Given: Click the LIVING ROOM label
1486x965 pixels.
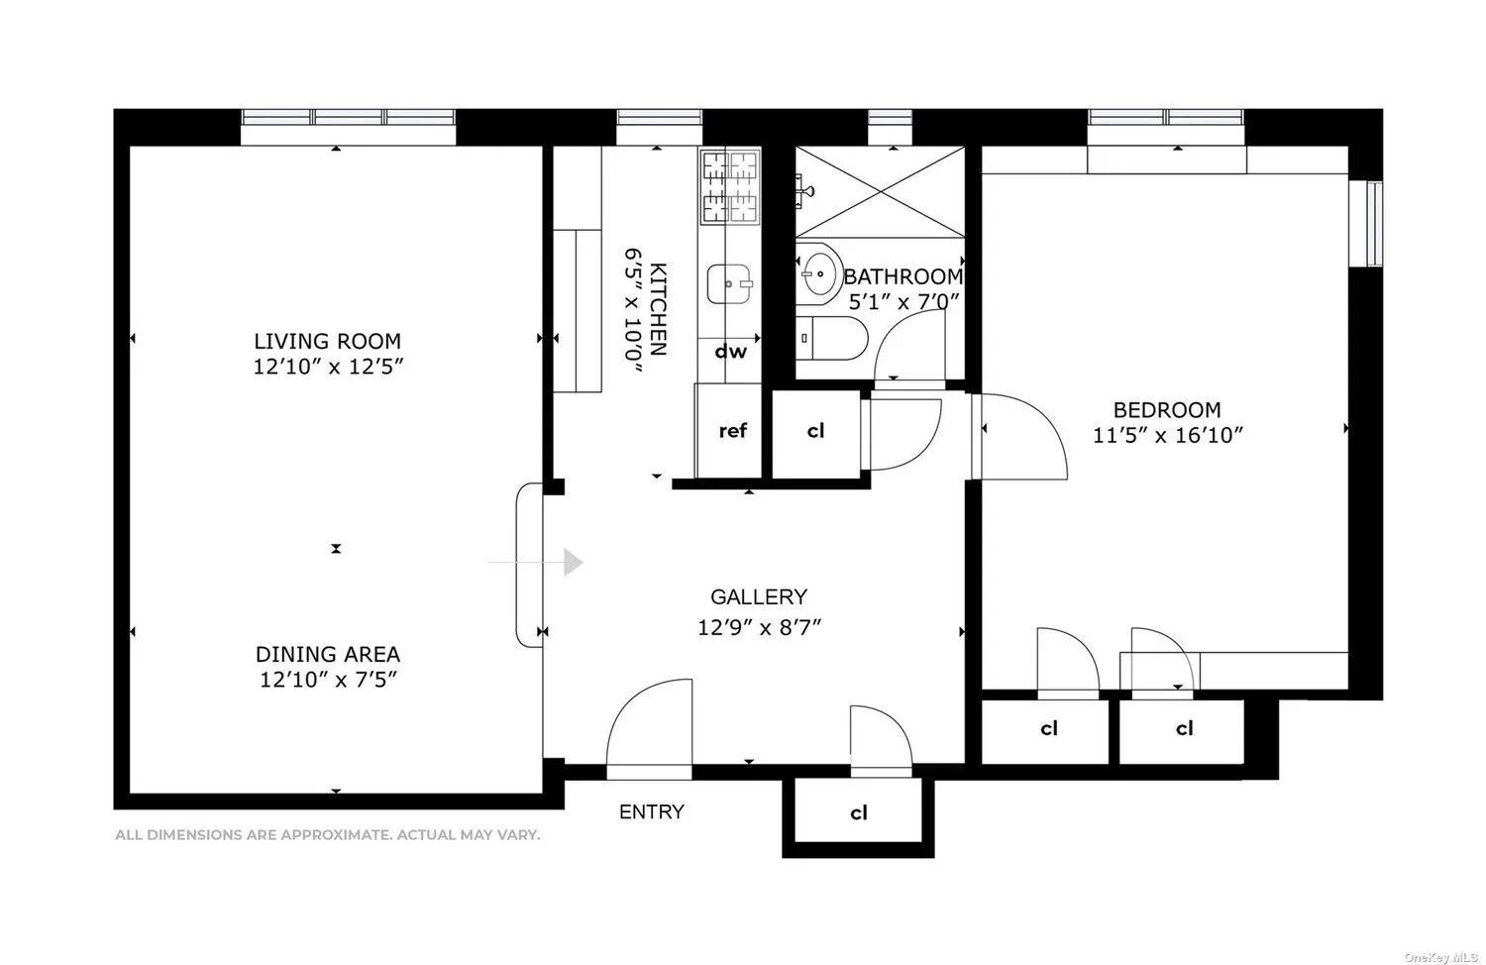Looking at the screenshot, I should point(327,342).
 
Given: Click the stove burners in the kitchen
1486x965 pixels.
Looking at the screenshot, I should point(729,185).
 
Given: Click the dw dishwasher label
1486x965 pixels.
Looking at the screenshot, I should point(731,351).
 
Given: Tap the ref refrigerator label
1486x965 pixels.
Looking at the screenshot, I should point(732,430).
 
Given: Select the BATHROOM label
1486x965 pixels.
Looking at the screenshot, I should point(902,276).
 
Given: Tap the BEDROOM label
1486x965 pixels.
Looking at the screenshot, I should point(1167,409).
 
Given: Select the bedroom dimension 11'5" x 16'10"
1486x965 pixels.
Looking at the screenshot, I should point(1167,435).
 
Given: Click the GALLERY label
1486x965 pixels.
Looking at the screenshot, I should point(759,596).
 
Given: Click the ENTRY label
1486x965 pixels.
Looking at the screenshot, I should point(651,812).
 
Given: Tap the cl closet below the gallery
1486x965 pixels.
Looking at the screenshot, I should point(858,813).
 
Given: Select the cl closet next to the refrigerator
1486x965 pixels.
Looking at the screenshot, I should point(815,431).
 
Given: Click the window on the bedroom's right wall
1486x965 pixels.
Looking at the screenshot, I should point(1373,223).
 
